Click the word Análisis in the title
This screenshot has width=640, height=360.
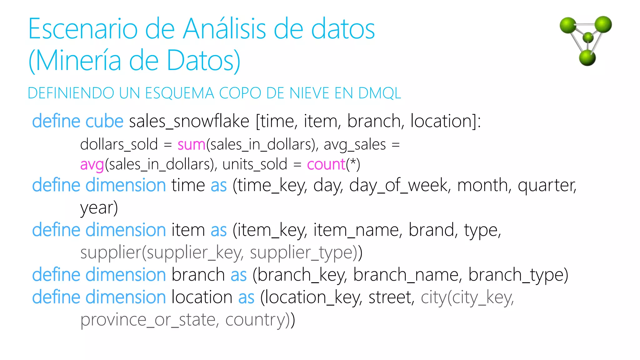(x=224, y=29)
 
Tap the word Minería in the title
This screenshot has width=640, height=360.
(x=78, y=61)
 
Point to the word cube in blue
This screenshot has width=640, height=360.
(x=104, y=121)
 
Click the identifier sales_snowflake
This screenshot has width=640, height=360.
(x=189, y=121)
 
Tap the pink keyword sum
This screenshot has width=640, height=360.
(x=191, y=145)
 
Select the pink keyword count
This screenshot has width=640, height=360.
(x=326, y=164)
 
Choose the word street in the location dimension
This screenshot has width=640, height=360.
(x=391, y=297)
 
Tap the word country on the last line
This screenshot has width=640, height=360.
(x=255, y=320)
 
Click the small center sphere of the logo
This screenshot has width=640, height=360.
(x=588, y=37)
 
